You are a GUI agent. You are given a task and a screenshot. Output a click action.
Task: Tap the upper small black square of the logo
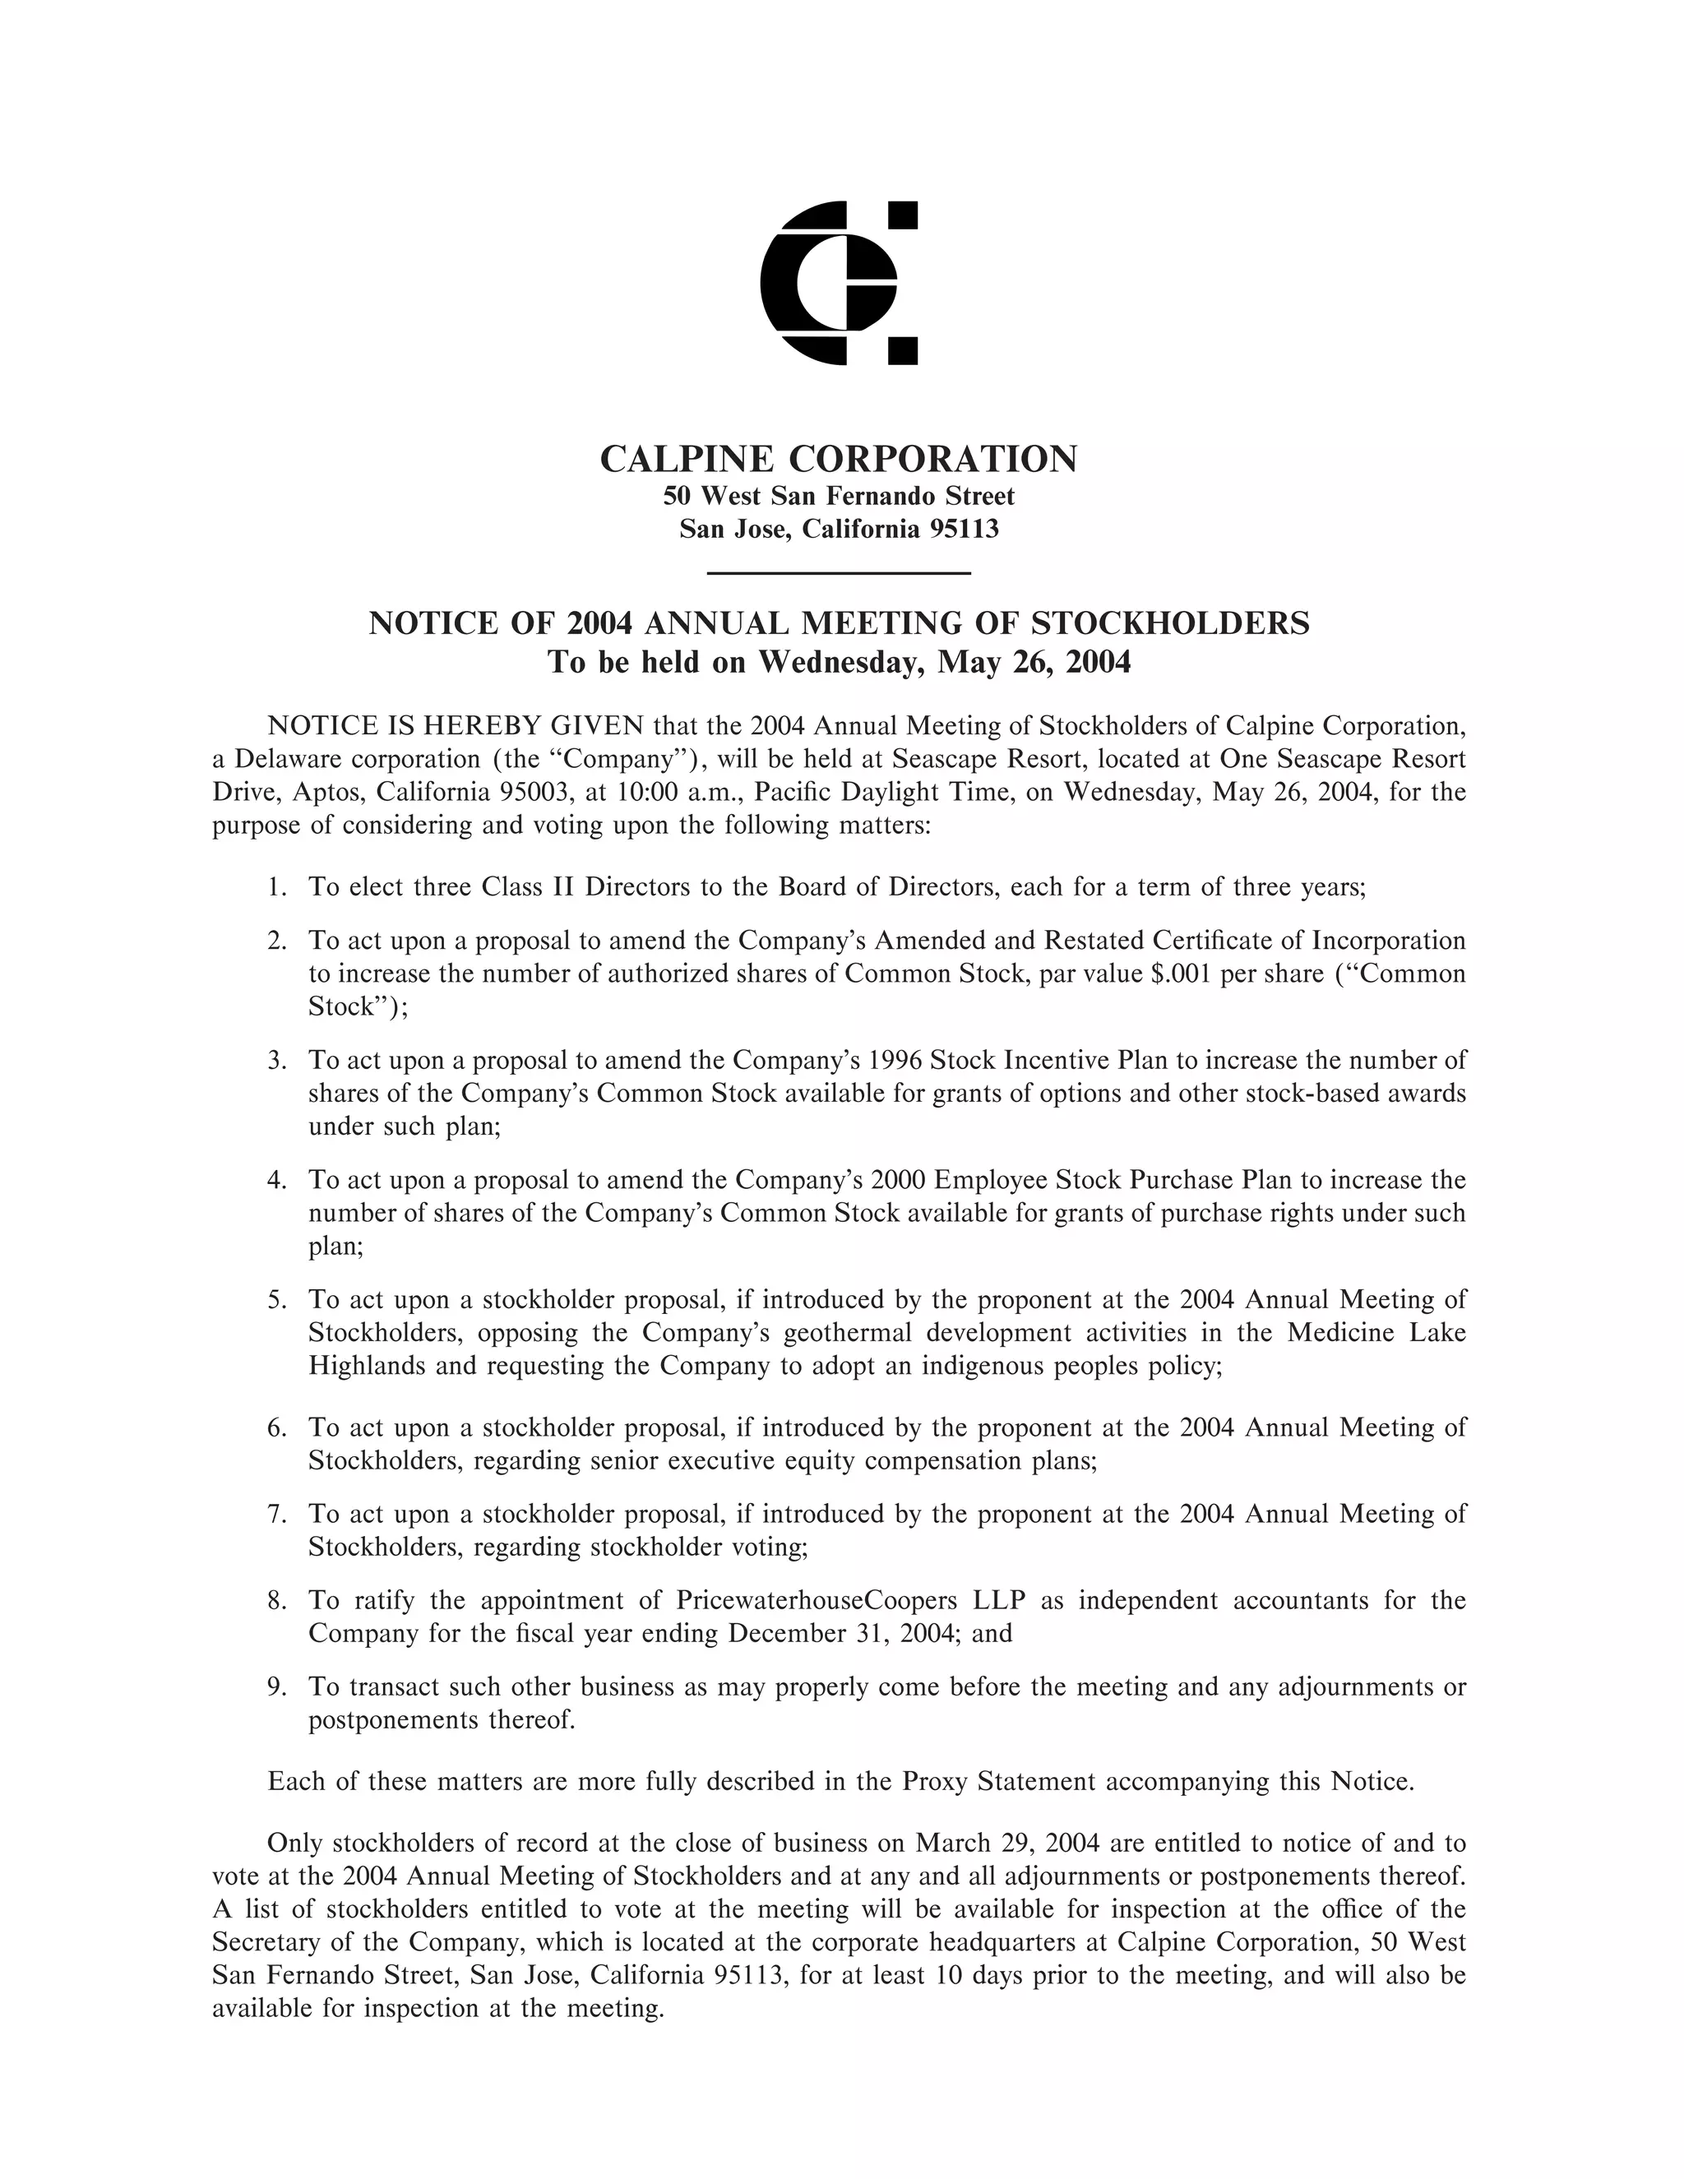[x=903, y=215]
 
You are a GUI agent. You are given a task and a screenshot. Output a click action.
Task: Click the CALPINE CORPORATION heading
[x=838, y=459]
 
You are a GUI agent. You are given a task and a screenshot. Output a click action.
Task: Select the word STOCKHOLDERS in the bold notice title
[x=1169, y=623]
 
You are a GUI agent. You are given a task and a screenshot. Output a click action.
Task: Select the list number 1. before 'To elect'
[x=277, y=887]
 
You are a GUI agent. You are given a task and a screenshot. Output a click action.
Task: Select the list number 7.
[x=277, y=1514]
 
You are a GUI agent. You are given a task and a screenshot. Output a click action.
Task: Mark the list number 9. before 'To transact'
[x=277, y=1687]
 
